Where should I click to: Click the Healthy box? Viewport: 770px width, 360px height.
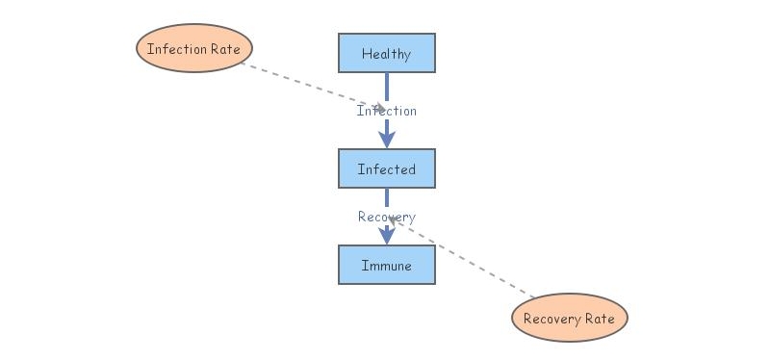386,53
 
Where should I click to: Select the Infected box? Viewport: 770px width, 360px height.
386,168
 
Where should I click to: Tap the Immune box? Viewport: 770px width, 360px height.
386,265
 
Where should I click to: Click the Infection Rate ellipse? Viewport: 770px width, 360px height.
193,48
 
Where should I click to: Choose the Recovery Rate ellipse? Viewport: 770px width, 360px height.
569,318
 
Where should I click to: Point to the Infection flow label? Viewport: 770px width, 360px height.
386,111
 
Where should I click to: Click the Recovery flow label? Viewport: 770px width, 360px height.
386,217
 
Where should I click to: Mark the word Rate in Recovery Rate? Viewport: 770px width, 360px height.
599,319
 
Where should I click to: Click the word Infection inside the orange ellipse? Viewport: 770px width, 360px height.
177,48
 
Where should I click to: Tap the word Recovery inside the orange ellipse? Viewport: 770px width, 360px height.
552,319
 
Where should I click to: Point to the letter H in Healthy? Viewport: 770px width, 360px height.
366,54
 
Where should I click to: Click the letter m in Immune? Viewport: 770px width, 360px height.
372,266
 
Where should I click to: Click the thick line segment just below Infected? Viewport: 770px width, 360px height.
387,197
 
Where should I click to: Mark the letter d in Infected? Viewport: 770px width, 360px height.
412,169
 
